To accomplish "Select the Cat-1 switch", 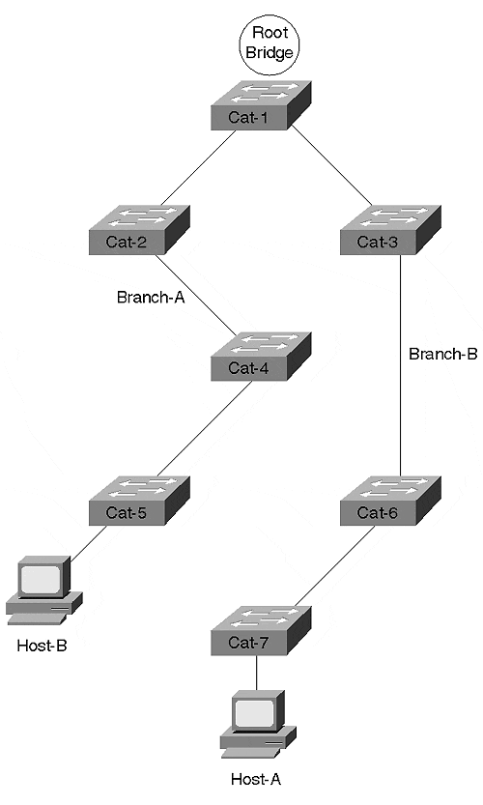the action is tap(261, 105).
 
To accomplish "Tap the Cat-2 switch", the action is tap(140, 229).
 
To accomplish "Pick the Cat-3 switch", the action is tap(390, 229).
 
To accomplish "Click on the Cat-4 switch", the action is tap(261, 356).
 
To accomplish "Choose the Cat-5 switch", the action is tap(140, 501).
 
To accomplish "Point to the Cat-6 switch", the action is tap(390, 501).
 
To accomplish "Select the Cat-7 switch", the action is tap(261, 630).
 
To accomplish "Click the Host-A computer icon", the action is tap(258, 724).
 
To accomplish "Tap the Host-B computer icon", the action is tap(44, 590).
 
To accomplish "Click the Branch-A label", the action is tap(151, 298).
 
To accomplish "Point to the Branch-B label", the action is tap(443, 354).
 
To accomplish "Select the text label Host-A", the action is tap(256, 779).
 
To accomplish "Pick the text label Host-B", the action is tap(43, 646).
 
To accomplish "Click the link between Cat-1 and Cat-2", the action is tap(198, 168).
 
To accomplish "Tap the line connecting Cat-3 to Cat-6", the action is tap(400, 365).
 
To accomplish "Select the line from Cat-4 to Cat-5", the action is tap(204, 429).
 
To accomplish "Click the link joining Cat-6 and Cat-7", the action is tap(333, 566).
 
